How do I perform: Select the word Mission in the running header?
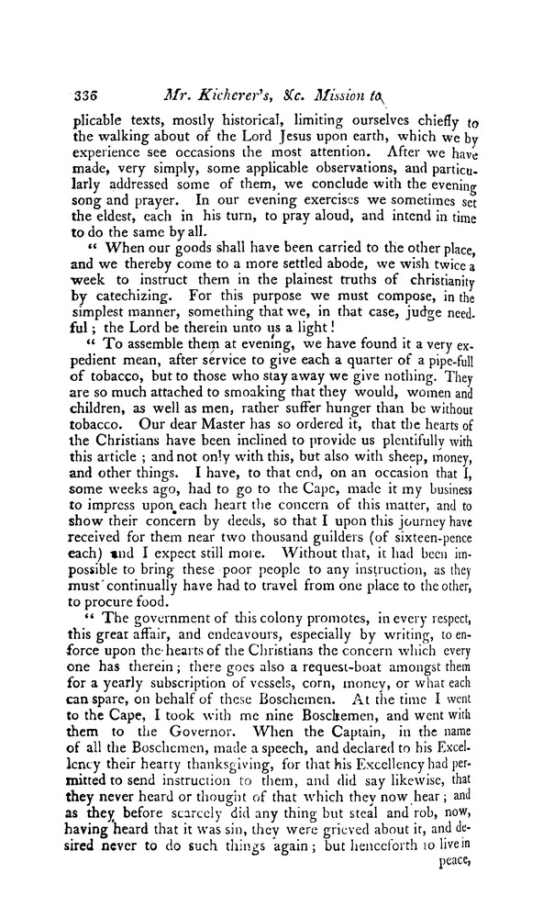pos(371,95)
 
